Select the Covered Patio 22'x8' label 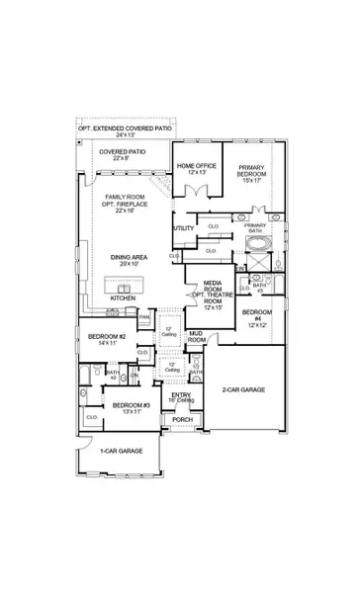pos(122,155)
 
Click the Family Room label pos(126,202)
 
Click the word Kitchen pos(123,297)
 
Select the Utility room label pos(183,228)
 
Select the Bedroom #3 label pos(128,407)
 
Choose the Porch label pos(183,419)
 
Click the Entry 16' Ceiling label pos(181,397)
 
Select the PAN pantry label pos(144,317)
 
